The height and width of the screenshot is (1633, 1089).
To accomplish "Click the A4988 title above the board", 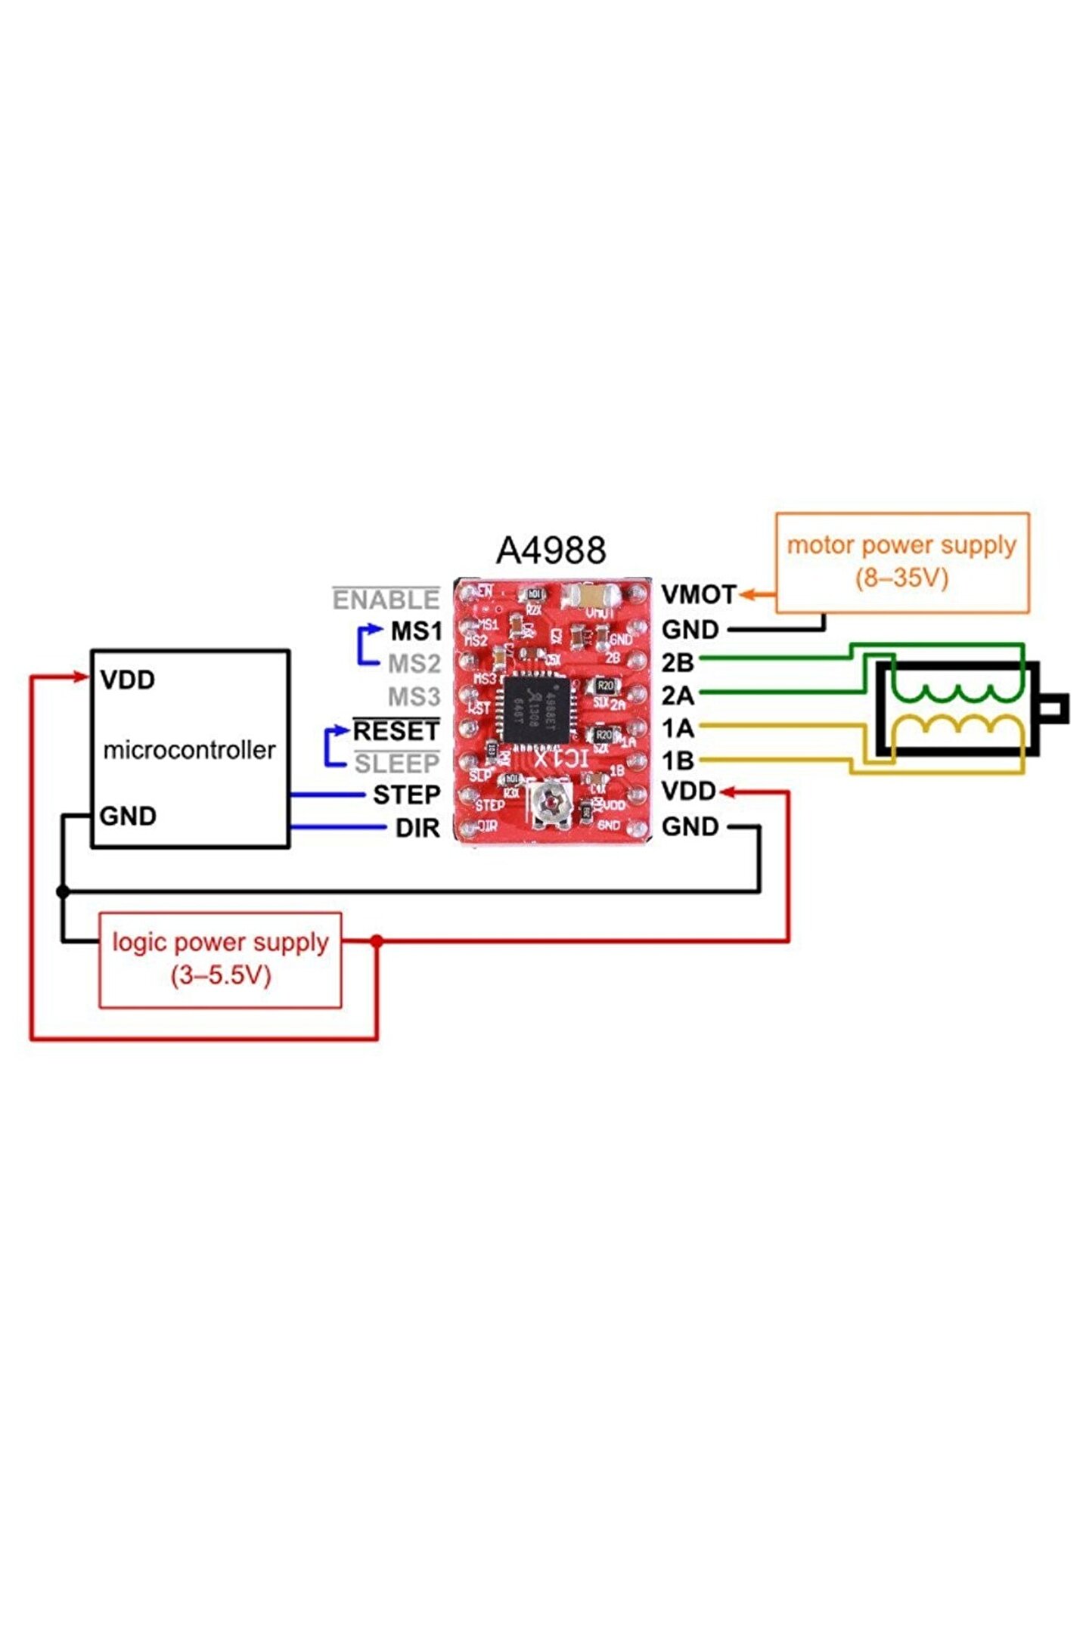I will [551, 550].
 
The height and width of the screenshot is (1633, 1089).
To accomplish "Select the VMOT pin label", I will [698, 595].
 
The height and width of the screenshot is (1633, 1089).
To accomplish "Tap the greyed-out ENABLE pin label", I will [386, 600].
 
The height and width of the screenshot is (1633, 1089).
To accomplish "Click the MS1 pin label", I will [416, 631].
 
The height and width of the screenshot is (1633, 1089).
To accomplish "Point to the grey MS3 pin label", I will [414, 696].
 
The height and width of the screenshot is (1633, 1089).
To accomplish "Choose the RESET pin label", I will [396, 731].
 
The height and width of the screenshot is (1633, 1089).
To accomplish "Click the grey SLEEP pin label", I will [396, 764].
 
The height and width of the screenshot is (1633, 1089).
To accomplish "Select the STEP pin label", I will [406, 795].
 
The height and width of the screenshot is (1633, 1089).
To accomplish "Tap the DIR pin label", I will [417, 828].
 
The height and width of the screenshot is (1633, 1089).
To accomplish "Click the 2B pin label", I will [678, 663].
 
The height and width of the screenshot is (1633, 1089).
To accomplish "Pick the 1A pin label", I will [678, 729].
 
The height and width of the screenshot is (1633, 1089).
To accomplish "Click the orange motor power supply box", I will [901, 562].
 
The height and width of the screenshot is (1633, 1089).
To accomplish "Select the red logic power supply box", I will [220, 959].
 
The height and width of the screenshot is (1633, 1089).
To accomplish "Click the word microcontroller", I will [189, 750].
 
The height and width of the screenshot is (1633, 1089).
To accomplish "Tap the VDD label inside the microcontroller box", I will [128, 680].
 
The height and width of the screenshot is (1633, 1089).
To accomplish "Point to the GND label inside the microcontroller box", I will [128, 816].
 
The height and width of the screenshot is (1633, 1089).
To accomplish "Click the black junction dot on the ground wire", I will [64, 891].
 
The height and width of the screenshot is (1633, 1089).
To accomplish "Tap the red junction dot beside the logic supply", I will [377, 940].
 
